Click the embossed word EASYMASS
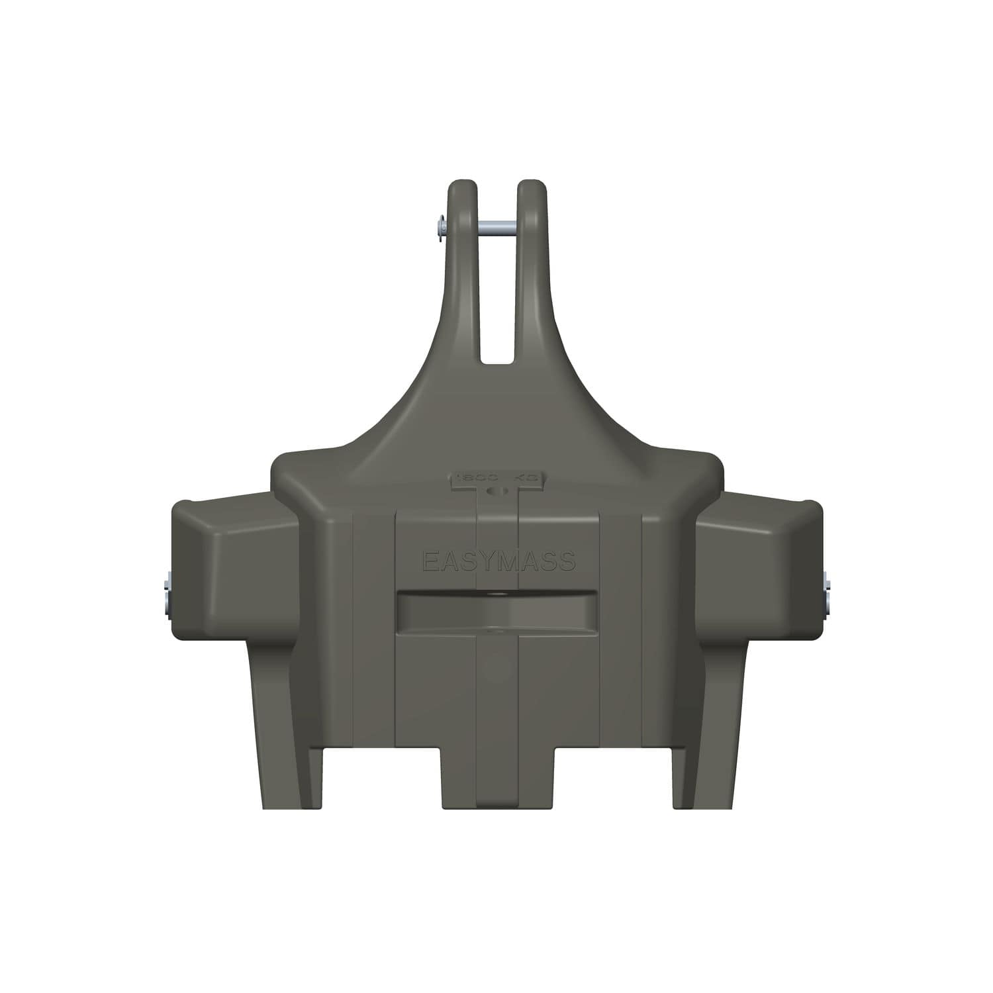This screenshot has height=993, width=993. coord(498,562)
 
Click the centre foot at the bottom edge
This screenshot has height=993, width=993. coord(498,781)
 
